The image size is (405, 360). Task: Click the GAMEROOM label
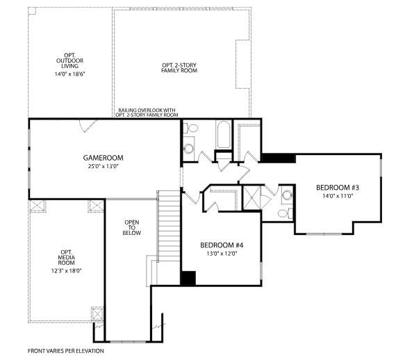[x=103, y=158]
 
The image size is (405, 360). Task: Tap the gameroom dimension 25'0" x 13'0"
[x=103, y=166]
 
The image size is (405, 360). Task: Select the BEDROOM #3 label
[x=338, y=188]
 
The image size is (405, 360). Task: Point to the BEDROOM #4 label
[x=222, y=245]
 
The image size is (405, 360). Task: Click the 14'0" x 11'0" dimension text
[x=338, y=196]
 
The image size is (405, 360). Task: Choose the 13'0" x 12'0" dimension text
[x=222, y=254]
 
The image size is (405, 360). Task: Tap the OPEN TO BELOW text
[x=132, y=227]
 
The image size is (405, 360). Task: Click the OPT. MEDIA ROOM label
[x=67, y=257]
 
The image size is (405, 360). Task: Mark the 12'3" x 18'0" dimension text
[x=67, y=271]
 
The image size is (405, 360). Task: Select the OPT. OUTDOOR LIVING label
[x=69, y=60]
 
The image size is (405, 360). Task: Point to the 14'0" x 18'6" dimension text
[x=69, y=74]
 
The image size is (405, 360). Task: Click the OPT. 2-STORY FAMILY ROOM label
[x=179, y=67]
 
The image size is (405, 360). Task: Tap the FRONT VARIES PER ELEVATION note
[x=66, y=351]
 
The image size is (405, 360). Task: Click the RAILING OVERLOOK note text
[x=147, y=113]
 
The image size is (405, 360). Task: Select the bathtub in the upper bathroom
[x=224, y=135]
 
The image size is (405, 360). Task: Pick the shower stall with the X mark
[x=252, y=197]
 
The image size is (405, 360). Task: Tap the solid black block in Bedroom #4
[x=188, y=278]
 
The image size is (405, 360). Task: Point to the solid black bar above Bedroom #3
[x=278, y=158]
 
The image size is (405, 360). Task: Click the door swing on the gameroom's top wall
[x=88, y=126]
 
